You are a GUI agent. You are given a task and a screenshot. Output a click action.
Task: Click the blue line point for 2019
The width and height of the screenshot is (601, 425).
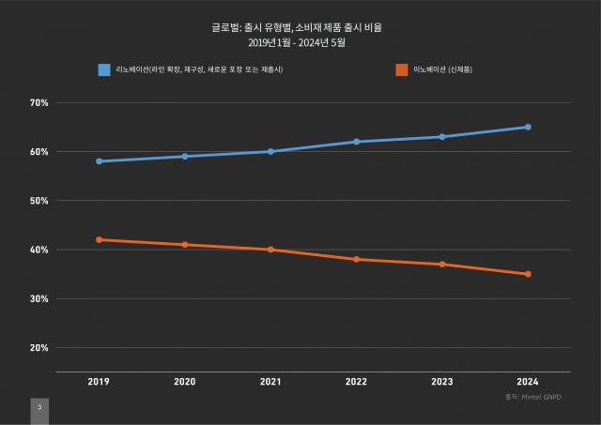(99, 161)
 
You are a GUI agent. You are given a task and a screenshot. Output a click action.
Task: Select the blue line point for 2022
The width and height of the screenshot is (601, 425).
(357, 142)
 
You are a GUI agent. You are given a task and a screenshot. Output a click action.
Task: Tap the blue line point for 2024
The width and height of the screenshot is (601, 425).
(528, 127)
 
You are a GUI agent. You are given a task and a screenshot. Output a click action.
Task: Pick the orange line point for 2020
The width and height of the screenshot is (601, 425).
(185, 245)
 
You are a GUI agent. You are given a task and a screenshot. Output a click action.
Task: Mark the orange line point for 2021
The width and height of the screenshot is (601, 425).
(270, 250)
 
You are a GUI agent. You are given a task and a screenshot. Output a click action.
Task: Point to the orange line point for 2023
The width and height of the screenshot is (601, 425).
(442, 265)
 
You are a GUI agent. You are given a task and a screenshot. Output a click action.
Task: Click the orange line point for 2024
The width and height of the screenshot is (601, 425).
(528, 274)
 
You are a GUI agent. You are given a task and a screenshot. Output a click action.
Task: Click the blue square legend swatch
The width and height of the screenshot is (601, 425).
(104, 69)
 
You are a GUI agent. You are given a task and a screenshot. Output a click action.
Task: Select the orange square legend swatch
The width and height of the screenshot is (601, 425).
(402, 69)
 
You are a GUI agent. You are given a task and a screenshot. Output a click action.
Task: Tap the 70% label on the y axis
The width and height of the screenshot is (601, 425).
(39, 102)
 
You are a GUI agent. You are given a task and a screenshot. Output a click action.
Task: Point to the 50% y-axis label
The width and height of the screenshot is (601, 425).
(39, 201)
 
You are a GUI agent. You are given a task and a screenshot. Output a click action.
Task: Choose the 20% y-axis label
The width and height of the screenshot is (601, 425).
(39, 348)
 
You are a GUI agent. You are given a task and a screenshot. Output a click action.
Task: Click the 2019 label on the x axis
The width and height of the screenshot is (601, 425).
(99, 382)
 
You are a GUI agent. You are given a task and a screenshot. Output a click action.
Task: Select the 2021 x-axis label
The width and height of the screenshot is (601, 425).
(270, 382)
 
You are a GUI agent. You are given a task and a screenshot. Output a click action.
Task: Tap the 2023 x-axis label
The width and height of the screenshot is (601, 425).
(442, 382)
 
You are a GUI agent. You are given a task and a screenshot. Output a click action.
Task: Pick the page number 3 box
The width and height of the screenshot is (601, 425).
(39, 408)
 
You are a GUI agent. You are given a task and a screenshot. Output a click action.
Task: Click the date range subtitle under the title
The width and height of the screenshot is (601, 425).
(300, 42)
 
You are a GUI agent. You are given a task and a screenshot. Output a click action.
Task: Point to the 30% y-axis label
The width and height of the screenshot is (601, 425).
(39, 299)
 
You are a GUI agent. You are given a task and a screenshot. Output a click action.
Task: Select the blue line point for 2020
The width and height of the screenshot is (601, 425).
(185, 157)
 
